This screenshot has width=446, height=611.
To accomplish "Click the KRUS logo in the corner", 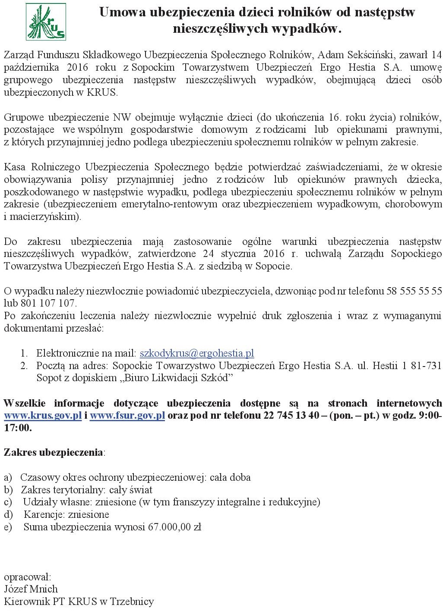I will click(x=46, y=22).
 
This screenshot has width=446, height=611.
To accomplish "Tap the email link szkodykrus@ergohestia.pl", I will click(x=196, y=353).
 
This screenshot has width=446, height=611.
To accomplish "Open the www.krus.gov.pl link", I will click(x=43, y=416).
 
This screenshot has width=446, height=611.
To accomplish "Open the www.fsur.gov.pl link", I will click(x=127, y=416).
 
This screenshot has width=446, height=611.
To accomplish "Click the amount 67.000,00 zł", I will click(x=175, y=527).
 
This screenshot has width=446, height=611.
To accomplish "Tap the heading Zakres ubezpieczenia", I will click(x=54, y=452).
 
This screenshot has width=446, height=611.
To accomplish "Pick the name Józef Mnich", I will click(x=31, y=589).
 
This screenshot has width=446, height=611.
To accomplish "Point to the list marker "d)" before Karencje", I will click(x=8, y=514).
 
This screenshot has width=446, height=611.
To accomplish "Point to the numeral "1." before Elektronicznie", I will click(x=24, y=354).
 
